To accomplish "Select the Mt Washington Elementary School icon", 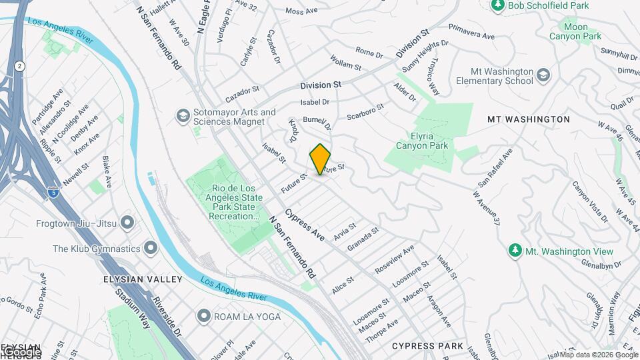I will point(543,73).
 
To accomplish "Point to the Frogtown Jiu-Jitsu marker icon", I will point(129,221).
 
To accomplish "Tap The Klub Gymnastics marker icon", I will point(151,249).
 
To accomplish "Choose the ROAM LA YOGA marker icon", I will point(203,316).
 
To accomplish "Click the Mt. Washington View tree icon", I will point(514,251).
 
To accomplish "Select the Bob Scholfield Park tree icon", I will point(497,5).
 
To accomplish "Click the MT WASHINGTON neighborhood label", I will point(528,119).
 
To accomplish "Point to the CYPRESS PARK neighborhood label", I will point(427,346).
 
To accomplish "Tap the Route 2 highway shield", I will point(20,66).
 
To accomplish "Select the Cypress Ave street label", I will point(304,227).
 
